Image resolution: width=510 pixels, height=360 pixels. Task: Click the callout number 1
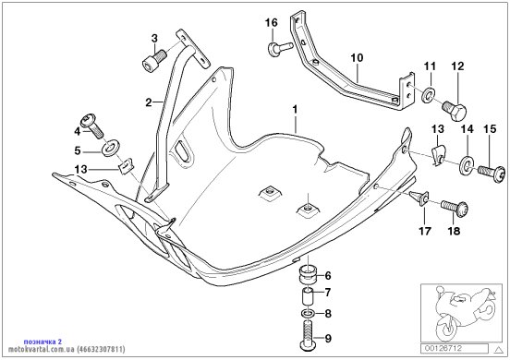point(295,110)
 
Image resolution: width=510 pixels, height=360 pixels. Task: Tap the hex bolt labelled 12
point(455,110)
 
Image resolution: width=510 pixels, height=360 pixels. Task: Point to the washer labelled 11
point(429,93)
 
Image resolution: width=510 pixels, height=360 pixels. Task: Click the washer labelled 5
point(111,147)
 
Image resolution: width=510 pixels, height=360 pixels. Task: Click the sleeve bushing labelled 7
point(308,296)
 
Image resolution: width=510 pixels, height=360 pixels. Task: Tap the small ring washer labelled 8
point(308,314)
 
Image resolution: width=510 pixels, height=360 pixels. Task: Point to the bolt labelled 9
point(307,335)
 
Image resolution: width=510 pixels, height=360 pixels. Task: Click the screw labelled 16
point(280,48)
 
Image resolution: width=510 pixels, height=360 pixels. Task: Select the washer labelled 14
point(467,165)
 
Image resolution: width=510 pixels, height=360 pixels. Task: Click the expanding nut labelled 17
point(419,198)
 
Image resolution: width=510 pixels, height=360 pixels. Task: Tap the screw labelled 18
point(455,207)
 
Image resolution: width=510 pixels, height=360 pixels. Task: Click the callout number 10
point(357,58)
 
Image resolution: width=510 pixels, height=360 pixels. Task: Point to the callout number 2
point(149,103)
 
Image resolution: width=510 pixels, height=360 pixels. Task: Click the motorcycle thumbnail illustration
point(461,313)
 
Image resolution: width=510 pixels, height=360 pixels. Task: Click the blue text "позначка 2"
point(42,342)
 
